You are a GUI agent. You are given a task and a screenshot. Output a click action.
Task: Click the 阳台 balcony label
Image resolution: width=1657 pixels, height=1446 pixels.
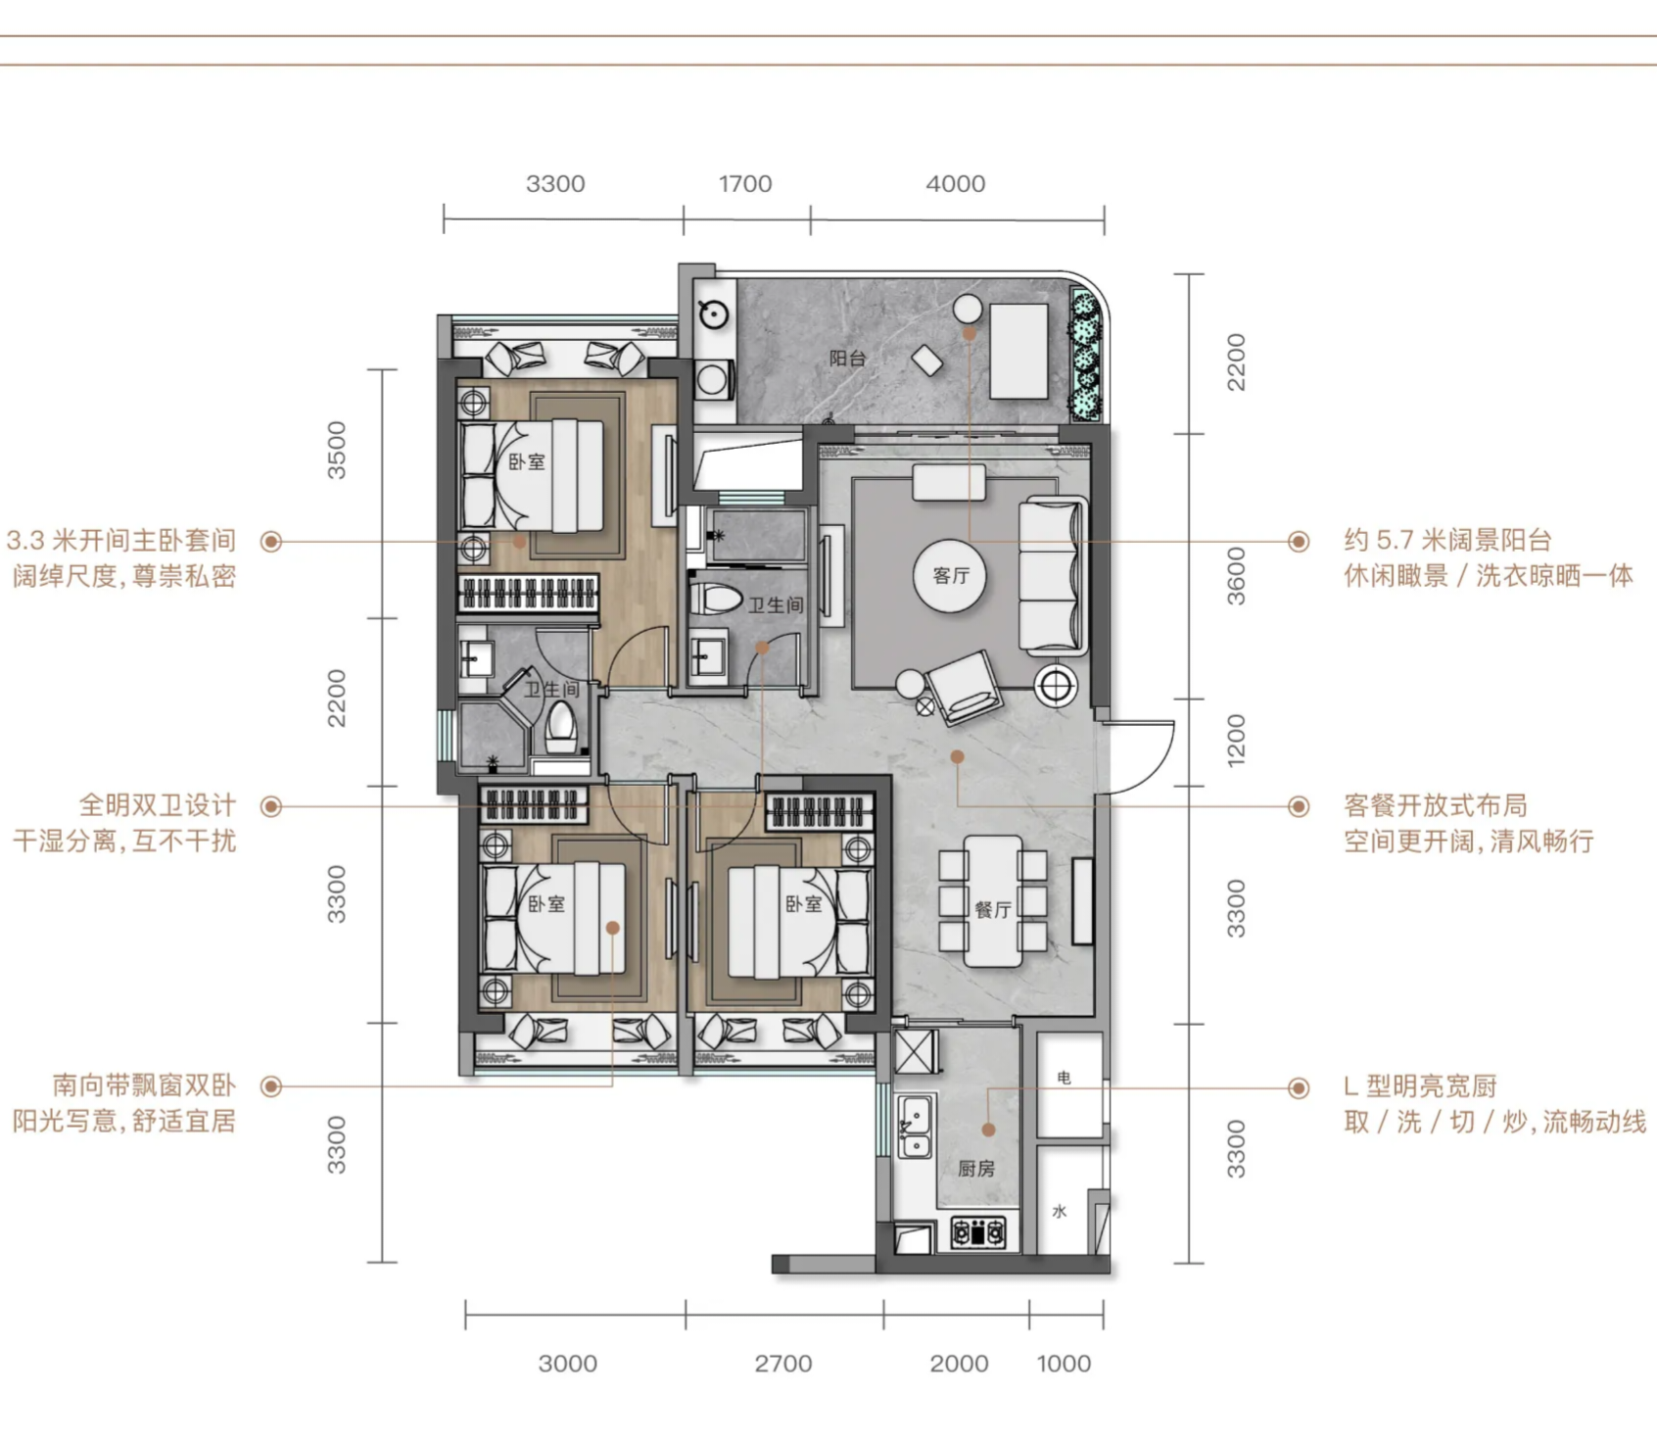coord(848,359)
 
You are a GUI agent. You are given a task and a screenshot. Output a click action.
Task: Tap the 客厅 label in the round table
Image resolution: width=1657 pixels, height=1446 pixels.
coord(951,576)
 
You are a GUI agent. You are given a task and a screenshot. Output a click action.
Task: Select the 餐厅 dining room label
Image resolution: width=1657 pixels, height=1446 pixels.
coord(993,910)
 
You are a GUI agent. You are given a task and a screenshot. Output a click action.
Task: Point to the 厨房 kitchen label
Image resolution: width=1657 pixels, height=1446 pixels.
coord(976,1169)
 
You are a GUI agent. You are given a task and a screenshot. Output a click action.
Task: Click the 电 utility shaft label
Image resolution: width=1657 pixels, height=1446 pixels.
coord(1065,1078)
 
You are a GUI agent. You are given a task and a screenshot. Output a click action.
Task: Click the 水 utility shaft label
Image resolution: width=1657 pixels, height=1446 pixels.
coord(1060,1212)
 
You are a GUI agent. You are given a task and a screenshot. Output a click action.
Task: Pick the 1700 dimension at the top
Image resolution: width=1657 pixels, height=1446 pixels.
coord(745,184)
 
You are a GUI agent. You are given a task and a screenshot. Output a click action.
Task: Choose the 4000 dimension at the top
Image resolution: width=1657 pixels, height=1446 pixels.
coord(956,184)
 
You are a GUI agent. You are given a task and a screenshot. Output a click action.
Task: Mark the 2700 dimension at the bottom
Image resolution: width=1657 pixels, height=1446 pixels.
coord(783,1364)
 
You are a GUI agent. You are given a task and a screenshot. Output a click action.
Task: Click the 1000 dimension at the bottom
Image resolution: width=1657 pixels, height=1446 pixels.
coord(1064,1364)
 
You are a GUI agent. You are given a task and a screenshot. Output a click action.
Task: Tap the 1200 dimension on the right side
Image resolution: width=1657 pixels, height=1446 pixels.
coord(1237,741)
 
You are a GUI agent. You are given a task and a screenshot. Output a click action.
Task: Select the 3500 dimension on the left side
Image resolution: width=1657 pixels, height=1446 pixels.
coord(337,451)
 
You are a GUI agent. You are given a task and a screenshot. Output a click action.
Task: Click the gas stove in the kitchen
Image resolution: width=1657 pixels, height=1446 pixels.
coord(978,1231)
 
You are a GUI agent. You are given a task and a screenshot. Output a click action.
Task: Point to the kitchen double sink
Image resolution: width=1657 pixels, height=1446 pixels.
coord(915,1127)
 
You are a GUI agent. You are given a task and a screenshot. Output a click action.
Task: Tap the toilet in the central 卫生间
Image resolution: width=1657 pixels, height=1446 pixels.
coord(716,600)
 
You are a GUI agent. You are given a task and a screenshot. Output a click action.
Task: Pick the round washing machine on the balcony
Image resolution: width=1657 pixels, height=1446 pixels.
coord(714,313)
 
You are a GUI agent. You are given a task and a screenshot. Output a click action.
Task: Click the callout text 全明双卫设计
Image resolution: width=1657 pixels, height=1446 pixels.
coord(158,805)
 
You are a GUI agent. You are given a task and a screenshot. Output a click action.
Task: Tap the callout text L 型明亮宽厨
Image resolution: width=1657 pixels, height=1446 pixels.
coord(1421,1086)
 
